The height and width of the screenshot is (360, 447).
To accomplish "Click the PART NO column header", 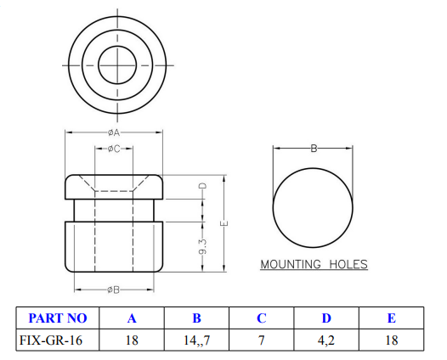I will coord(58,318).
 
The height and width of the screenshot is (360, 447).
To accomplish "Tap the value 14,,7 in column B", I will coord(196,340).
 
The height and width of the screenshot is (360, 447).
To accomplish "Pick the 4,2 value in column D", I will coord(326,340).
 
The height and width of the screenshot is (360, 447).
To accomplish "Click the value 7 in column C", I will coord(262,340).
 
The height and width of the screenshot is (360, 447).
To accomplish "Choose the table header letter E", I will coord(391,318).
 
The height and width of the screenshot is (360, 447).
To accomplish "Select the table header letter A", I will coord(132,318).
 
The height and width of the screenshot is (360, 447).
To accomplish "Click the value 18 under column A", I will coord(132,340).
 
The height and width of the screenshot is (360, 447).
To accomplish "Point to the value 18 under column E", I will coord(391,340).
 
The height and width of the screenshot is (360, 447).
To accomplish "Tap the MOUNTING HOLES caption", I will coord(314,264).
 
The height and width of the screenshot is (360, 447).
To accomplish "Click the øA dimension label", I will coord(114,133).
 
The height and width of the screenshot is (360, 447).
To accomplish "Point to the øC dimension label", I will coord(114,149).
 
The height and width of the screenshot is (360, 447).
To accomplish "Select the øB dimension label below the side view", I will coord(114,290).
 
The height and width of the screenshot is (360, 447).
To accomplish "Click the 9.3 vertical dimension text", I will coord(203,249).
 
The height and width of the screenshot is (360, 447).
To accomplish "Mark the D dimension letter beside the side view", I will coord(203,185).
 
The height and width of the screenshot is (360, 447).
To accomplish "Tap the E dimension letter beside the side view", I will coord(223,223).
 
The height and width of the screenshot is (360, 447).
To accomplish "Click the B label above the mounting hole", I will coord(314,149).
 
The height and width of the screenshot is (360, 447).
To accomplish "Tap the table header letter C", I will coord(262,318).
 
